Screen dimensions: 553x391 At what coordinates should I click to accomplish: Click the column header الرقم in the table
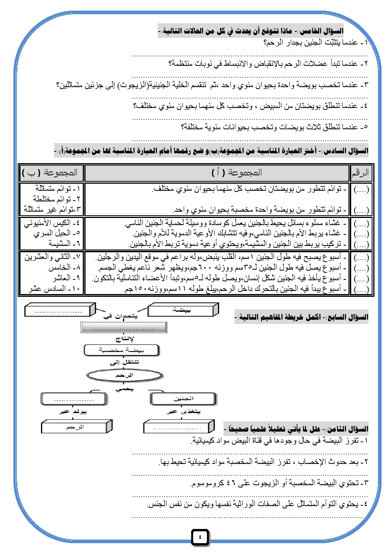(360, 173)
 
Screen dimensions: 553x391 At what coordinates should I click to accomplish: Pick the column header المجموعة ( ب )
(50, 173)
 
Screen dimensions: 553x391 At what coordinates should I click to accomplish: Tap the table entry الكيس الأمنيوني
(52, 223)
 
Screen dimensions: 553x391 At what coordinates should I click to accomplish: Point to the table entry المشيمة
(64, 244)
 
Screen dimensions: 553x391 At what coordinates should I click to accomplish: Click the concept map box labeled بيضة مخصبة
(121, 350)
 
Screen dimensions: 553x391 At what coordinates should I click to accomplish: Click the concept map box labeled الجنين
(183, 398)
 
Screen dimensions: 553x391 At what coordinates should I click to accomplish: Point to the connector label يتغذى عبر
(184, 411)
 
